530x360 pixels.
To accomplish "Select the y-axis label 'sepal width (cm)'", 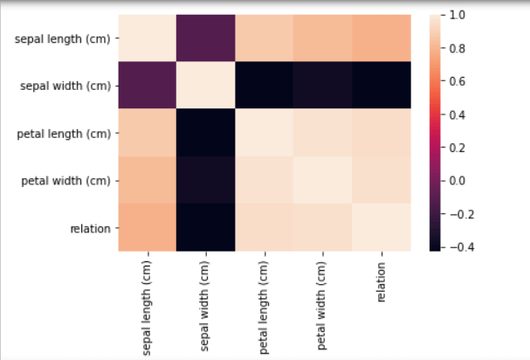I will [68, 87].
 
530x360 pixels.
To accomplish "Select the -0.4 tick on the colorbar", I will [459, 247].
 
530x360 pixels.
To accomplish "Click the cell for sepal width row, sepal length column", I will [148, 87].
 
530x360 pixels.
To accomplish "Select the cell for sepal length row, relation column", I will [382, 39].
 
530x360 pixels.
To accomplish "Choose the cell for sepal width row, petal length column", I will [265, 87].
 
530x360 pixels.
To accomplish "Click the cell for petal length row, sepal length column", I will [148, 134].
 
